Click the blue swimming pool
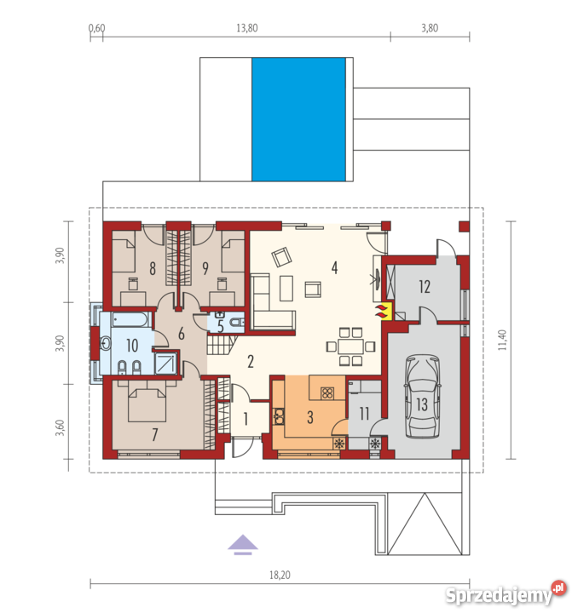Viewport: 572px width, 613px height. tap(298, 119)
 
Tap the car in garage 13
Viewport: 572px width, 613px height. tap(422, 396)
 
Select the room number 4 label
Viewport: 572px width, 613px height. tap(334, 268)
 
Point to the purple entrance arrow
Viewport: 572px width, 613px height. tap(243, 544)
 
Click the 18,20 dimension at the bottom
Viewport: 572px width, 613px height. tap(280, 575)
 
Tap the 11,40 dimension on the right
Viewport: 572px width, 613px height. tap(503, 340)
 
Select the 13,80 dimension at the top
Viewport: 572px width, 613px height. tap(247, 28)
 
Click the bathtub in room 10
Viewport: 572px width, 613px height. tap(130, 319)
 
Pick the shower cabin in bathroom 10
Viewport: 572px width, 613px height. tap(165, 364)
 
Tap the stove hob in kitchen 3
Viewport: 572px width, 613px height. tap(326, 392)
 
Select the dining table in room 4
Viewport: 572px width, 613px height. tap(351, 347)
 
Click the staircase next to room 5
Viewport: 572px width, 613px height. tap(221, 345)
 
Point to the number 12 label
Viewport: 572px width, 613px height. tap(425, 287)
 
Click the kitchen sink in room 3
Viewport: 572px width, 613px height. tap(279, 416)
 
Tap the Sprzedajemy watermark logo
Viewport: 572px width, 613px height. tap(506, 594)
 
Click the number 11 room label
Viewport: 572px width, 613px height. tap(364, 414)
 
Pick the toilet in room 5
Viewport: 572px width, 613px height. tap(236, 322)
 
